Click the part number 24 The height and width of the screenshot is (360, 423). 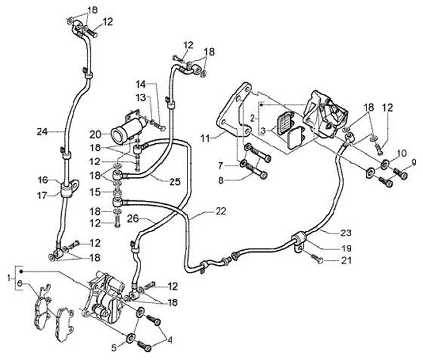pos(42,132)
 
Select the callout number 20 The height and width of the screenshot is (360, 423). pos(95,134)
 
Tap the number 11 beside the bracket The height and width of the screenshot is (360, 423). pos(205,139)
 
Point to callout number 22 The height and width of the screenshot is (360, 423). pos(221,211)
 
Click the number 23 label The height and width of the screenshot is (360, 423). pos(346,232)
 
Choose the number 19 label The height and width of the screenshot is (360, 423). pos(346,248)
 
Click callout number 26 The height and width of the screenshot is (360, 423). pos(133,218)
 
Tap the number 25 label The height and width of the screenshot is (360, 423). pos(175,181)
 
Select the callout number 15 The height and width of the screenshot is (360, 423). pos(96,192)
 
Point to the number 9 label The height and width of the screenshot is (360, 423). pos(414,162)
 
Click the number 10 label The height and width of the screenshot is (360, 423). pos(402,153)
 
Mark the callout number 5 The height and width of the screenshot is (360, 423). pos(114,348)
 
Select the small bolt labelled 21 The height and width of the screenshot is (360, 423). pos(317,259)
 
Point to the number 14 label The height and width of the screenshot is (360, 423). pos(140,85)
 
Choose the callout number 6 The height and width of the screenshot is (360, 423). pos(19,283)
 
